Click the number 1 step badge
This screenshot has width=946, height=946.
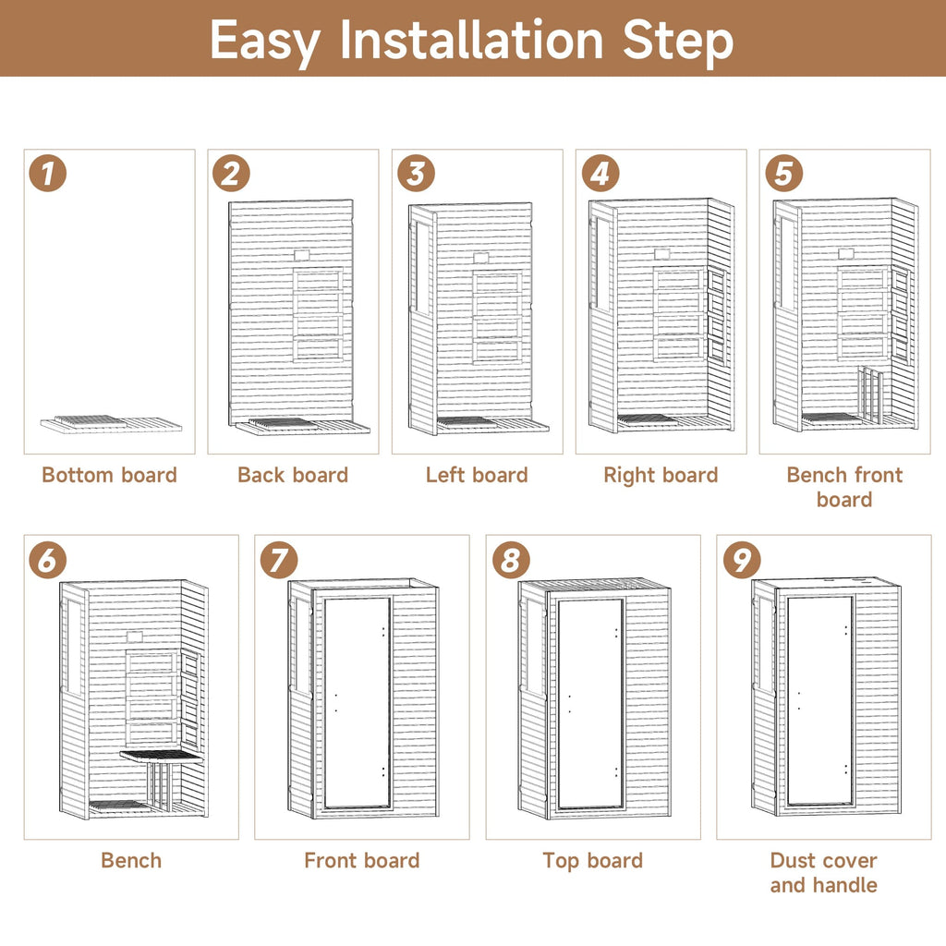48,174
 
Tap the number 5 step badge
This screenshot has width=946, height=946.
783,174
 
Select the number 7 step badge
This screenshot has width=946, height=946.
279,559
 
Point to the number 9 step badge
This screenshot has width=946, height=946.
742,559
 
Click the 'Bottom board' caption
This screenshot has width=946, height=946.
109,475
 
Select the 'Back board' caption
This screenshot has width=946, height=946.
293,475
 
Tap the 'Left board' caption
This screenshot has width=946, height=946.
477,475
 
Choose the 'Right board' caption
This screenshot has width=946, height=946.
661,476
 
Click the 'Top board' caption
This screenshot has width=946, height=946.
592,861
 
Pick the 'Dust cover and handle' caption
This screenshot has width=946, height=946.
823,872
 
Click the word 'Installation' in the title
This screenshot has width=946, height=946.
471,40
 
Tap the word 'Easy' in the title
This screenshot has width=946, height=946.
264,42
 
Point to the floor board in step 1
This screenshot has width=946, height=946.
111,423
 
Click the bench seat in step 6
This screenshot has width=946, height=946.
162,756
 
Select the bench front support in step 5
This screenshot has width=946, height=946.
869,394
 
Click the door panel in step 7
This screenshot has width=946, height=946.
358,703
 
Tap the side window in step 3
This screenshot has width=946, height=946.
421,268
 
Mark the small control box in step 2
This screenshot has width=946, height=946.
302,255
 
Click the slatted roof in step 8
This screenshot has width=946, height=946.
594,585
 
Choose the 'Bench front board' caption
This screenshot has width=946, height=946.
844,487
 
